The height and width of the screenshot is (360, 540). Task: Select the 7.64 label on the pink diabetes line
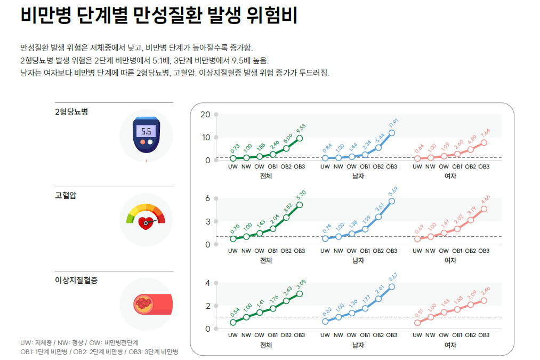485,134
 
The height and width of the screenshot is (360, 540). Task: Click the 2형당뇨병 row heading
71,112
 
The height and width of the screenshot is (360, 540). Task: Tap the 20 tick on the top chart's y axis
205,114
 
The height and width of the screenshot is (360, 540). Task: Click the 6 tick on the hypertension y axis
208,198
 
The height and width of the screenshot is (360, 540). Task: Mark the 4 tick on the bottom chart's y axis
208,283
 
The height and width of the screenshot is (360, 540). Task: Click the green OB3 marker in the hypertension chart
300,205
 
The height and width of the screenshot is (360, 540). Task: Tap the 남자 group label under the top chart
358,176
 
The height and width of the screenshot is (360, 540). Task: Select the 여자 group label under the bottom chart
450,345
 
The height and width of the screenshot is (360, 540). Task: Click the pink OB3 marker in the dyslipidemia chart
484,300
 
